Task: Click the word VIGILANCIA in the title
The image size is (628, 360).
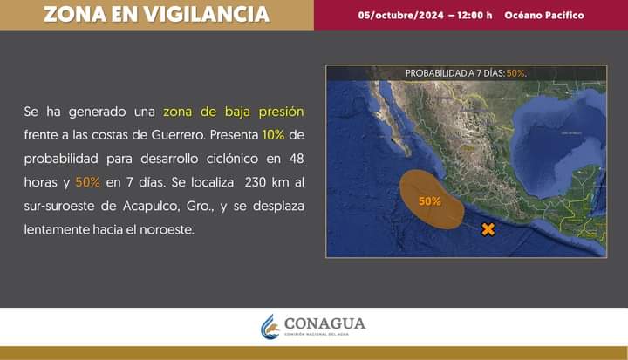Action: [207, 15]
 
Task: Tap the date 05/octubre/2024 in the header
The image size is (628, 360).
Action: [401, 16]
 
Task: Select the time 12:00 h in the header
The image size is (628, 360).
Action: [475, 16]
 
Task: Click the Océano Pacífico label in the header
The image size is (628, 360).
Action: [544, 16]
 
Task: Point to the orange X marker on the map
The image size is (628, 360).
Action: [488, 229]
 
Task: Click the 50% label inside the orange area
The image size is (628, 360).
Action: [430, 201]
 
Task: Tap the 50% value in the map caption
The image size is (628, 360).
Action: [515, 73]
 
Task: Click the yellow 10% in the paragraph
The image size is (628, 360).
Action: [273, 135]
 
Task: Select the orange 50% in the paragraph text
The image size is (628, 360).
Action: [87, 182]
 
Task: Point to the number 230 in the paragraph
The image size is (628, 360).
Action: [256, 182]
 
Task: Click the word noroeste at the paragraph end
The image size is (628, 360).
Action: [167, 230]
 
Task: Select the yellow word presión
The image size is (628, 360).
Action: [281, 112]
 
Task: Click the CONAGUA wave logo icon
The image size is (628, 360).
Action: [270, 326]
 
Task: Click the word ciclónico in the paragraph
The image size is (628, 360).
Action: [232, 159]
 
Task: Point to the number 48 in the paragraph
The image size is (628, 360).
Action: [297, 159]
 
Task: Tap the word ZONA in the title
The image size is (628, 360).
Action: [75, 15]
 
